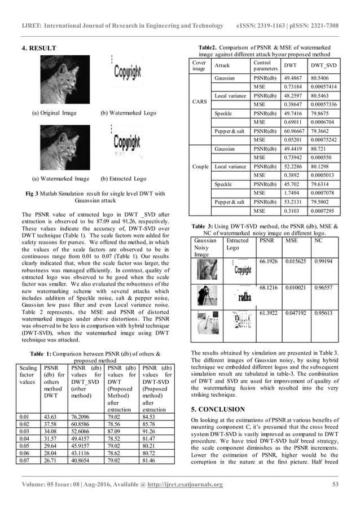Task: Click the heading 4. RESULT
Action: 38,55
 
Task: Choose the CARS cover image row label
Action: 199,102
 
